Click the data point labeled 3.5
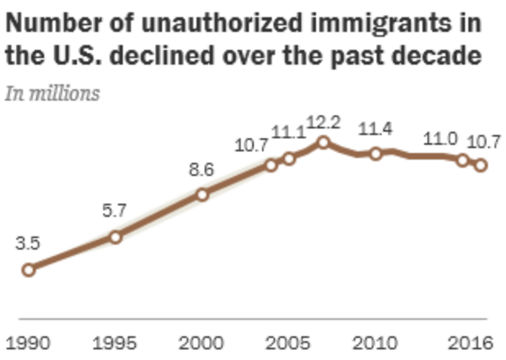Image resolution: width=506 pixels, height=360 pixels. [x=29, y=269]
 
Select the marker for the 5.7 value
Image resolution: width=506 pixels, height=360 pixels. [x=115, y=236]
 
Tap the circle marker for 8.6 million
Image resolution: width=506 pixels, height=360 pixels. [x=202, y=194]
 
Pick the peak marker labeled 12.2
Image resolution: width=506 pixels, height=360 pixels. [x=323, y=142]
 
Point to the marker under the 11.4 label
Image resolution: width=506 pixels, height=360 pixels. [x=376, y=154]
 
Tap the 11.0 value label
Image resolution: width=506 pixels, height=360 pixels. [x=440, y=137]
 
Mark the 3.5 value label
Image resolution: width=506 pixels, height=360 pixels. [x=29, y=245]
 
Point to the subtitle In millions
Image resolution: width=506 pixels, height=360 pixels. [x=52, y=92]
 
